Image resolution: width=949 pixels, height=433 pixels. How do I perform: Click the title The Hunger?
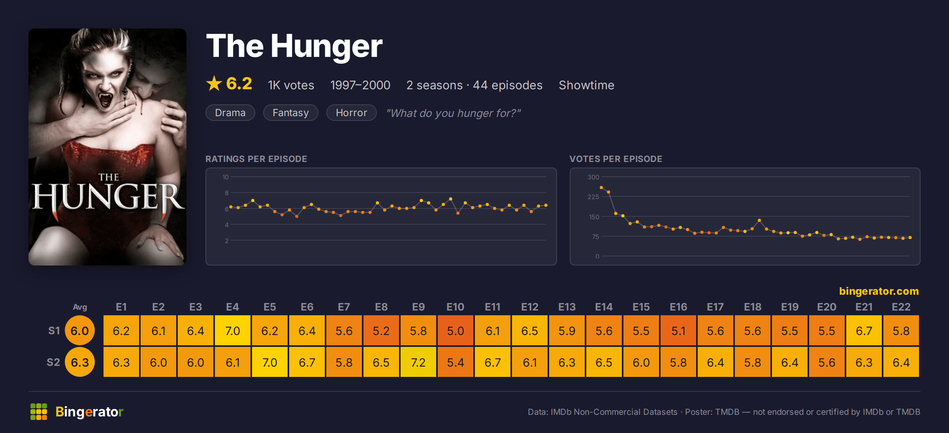click(294, 46)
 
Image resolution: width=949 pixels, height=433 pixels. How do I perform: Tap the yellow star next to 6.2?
click(214, 83)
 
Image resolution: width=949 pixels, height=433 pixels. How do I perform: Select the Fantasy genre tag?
click(290, 113)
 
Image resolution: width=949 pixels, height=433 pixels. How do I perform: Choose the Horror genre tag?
click(351, 113)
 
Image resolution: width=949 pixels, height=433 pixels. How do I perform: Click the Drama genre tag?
click(230, 113)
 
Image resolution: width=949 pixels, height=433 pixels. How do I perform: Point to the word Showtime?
click(586, 85)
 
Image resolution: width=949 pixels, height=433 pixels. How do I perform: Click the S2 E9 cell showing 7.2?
click(418, 362)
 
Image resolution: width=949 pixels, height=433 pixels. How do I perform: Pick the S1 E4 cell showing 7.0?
click(232, 330)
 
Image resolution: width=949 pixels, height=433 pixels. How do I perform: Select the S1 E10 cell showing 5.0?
click(455, 330)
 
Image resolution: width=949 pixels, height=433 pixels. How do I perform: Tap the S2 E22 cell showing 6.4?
click(901, 362)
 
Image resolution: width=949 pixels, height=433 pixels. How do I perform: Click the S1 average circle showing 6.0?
click(80, 331)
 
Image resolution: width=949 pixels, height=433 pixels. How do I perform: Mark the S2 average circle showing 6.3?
click(80, 362)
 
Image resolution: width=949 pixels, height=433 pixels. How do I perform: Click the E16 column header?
click(678, 307)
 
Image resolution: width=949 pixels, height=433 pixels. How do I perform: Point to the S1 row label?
click(54, 331)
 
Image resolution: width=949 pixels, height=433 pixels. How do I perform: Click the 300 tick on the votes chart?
click(593, 177)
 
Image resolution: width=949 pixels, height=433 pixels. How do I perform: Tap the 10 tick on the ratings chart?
click(225, 177)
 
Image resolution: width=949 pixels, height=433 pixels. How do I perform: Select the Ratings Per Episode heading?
click(256, 159)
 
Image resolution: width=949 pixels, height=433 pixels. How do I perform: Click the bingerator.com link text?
click(879, 291)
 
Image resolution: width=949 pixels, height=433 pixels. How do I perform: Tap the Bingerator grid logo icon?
click(39, 412)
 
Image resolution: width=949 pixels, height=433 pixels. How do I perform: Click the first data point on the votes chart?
click(601, 188)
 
